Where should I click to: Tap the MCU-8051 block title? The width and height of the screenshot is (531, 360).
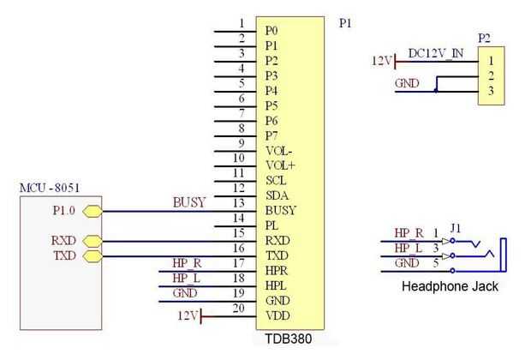[50, 187]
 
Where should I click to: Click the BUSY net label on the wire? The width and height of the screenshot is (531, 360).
[189, 202]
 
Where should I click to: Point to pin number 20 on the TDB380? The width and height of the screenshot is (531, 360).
[239, 309]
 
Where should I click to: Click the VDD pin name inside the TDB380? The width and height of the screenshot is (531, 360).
[276, 315]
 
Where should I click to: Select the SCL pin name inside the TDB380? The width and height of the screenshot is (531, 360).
[276, 181]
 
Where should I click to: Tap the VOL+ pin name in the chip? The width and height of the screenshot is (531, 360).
[280, 165]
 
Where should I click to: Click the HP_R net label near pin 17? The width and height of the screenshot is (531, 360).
[186, 263]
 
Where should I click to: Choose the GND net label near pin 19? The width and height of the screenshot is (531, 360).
[184, 293]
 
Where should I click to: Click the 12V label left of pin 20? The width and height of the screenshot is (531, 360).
[188, 316]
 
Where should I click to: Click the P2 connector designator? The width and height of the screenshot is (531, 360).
[485, 39]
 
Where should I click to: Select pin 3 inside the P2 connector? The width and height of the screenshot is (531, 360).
[490, 91]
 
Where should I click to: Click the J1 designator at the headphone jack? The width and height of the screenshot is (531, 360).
[456, 228]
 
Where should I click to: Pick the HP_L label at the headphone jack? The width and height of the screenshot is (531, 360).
[407, 249]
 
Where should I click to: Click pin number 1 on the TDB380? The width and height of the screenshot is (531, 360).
[242, 23]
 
